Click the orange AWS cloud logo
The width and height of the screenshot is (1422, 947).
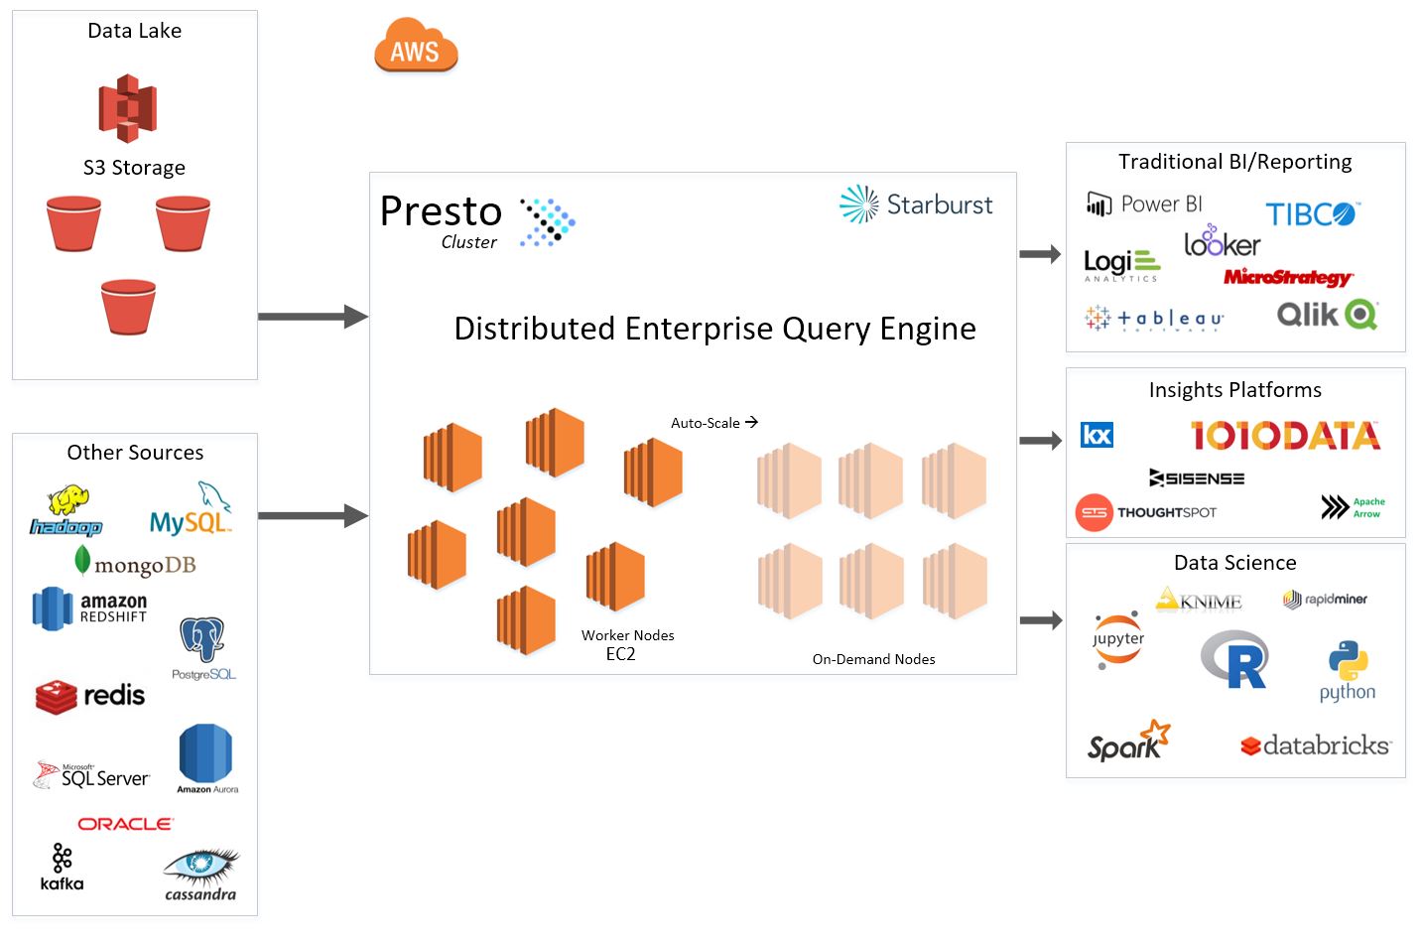pyautogui.click(x=415, y=47)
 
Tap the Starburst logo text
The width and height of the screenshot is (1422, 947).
pyautogui.click(x=938, y=204)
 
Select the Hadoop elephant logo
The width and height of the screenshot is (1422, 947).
pyautogui.click(x=66, y=510)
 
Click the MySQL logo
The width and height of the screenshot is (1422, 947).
pyautogui.click(x=191, y=510)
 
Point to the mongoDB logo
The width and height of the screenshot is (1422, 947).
pyautogui.click(x=136, y=563)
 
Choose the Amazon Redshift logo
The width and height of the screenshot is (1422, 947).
pyautogui.click(x=89, y=609)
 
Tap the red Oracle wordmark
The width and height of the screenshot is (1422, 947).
pyautogui.click(x=125, y=824)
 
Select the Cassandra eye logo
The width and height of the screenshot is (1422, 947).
pyautogui.click(x=200, y=873)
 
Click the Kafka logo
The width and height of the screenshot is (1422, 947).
pyautogui.click(x=62, y=867)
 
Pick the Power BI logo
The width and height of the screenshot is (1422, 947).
pyautogui.click(x=1144, y=204)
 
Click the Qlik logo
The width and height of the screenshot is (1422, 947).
pyautogui.click(x=1327, y=315)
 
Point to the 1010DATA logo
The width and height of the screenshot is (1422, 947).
pyautogui.click(x=1285, y=435)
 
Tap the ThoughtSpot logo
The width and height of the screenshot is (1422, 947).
pyautogui.click(x=1145, y=512)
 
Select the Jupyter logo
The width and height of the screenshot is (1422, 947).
pyautogui.click(x=1118, y=640)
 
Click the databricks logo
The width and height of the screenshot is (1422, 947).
pyautogui.click(x=1316, y=745)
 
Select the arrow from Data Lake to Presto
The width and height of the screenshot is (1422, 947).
pyautogui.click(x=313, y=317)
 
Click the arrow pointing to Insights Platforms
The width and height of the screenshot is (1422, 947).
pyautogui.click(x=1040, y=441)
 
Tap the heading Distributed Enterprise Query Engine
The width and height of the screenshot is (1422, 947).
pyautogui.click(x=714, y=329)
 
